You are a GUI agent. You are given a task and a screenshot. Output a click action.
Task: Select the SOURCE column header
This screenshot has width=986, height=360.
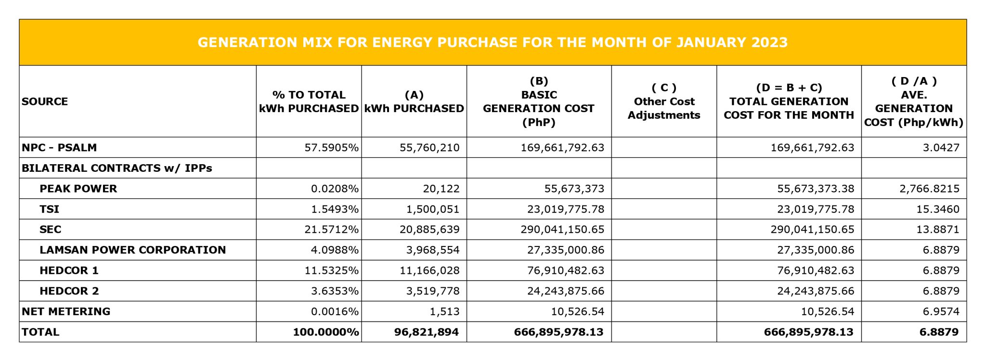(45, 102)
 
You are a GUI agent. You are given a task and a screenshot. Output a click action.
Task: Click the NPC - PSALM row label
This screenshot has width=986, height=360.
(59, 148)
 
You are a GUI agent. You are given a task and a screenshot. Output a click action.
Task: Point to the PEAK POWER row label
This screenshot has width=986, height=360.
(78, 189)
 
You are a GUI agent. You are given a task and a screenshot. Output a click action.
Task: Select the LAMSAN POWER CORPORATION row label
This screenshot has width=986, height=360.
(132, 250)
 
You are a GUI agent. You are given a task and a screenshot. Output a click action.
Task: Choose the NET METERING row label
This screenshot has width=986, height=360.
(66, 312)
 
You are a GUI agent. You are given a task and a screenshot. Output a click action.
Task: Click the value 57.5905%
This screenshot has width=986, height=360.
(331, 148)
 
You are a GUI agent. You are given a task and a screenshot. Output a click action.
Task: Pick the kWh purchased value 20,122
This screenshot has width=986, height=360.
(441, 189)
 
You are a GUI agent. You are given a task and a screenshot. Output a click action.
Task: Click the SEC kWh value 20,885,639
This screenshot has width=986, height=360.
(429, 230)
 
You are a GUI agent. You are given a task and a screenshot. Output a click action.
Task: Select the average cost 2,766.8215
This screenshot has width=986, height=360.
(929, 189)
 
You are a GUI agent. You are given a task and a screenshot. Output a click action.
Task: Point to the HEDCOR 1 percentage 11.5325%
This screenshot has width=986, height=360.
(331, 270)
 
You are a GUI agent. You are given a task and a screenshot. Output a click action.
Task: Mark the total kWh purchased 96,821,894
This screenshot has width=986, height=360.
(426, 332)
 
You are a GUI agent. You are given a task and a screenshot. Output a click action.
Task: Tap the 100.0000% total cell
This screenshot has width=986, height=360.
(326, 332)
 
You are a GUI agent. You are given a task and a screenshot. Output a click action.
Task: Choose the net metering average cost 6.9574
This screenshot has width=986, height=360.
(941, 312)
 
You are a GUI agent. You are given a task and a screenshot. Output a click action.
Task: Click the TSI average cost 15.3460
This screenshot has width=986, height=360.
(937, 209)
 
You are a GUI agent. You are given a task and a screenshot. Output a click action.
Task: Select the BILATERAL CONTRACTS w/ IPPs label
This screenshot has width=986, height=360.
(117, 168)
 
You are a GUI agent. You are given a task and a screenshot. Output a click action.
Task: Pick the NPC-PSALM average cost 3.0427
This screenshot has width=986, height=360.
(941, 148)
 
